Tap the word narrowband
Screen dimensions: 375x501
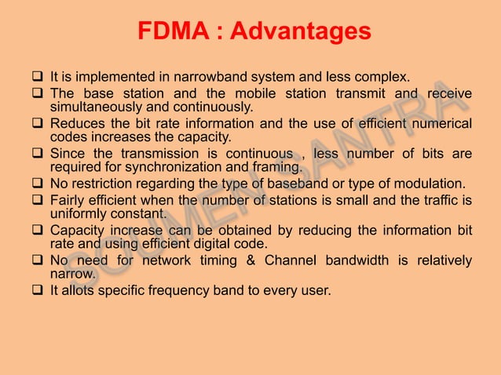[x=210, y=78]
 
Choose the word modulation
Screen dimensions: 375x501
[x=431, y=183]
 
